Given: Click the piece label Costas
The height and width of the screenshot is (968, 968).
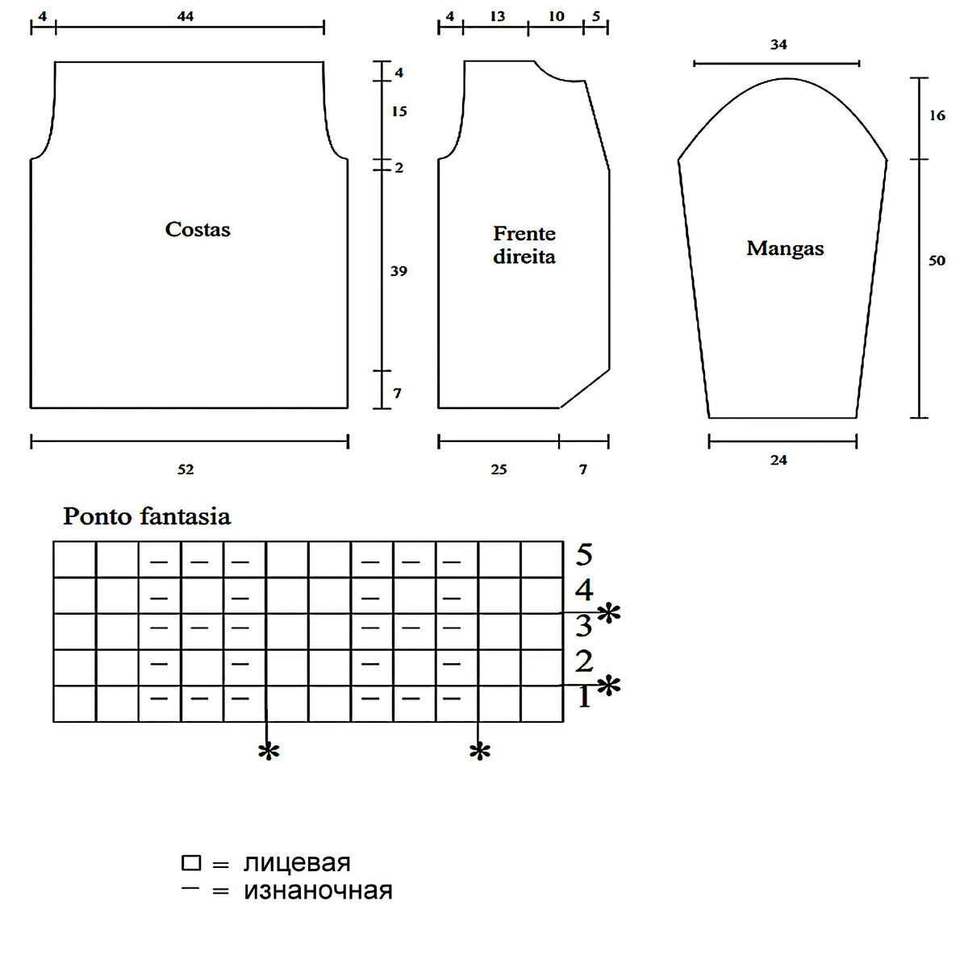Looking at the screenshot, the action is (x=198, y=230).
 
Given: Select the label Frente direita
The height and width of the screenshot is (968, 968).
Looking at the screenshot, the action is (x=524, y=245).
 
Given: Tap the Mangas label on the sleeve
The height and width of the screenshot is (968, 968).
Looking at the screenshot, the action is (x=785, y=248).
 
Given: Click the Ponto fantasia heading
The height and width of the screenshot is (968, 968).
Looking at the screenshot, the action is (x=147, y=516).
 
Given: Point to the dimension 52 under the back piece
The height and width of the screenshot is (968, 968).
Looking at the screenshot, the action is (x=186, y=469).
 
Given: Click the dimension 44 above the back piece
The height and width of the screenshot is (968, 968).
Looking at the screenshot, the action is (x=186, y=16).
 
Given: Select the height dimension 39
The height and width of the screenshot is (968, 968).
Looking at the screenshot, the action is (x=398, y=271).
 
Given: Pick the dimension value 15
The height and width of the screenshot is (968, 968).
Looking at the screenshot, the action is (x=398, y=111).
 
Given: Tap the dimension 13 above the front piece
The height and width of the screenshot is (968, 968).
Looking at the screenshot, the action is (x=497, y=16).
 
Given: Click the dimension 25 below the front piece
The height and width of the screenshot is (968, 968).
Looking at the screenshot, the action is (x=499, y=469).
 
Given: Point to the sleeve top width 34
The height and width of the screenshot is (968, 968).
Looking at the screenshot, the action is (x=778, y=45).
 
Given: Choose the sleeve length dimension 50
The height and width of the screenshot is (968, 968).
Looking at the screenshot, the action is (x=937, y=261).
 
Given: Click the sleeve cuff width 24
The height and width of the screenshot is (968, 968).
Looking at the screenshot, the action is (x=778, y=461).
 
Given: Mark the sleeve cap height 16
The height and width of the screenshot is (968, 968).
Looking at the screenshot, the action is (x=937, y=116).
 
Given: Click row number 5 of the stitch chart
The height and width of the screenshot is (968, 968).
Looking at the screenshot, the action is (x=584, y=555).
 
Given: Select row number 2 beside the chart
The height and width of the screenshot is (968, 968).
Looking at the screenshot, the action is (x=584, y=662).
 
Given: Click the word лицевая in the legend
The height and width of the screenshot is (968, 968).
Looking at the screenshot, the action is (x=297, y=863).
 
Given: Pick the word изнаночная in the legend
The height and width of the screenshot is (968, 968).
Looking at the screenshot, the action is (x=318, y=891).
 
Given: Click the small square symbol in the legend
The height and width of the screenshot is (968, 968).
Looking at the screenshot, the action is (x=191, y=863).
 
